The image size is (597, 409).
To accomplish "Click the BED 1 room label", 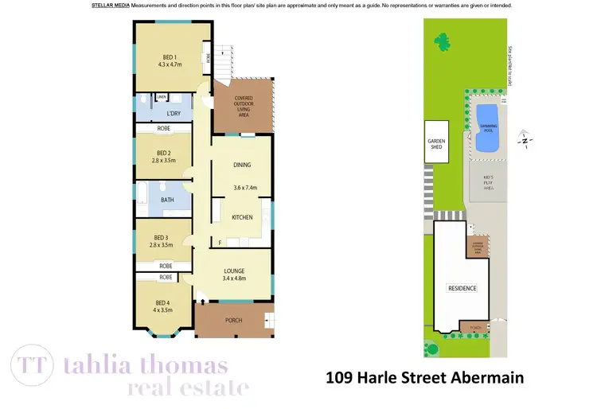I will click(169, 56).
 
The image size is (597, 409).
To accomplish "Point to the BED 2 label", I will click(163, 153).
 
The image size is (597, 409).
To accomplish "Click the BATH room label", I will click(167, 200).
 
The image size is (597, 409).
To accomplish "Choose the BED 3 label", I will click(161, 237).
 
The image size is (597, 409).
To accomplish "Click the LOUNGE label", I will click(234, 271).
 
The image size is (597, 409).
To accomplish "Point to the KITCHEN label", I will click(242, 217).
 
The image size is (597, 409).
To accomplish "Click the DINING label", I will click(242, 166).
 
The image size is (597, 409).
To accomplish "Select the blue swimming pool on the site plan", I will click(487, 127).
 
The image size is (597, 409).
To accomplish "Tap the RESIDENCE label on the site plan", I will click(462, 288).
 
